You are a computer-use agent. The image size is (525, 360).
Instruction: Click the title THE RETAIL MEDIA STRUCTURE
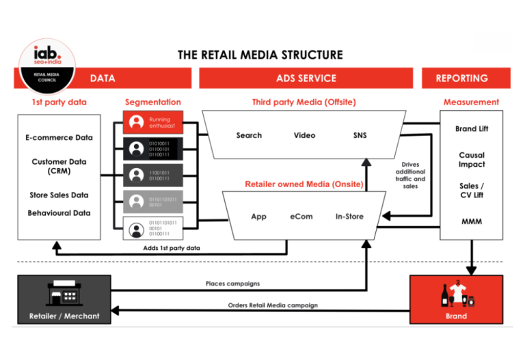(x=260, y=55)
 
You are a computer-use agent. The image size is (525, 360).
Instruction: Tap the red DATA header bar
(x=103, y=79)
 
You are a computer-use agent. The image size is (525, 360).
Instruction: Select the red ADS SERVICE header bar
(x=306, y=79)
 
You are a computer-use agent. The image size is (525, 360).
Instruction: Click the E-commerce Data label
(x=58, y=137)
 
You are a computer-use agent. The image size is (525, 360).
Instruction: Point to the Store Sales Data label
(x=58, y=195)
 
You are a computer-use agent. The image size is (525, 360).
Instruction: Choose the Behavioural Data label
(x=58, y=213)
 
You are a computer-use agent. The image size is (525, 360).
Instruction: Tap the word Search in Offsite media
(x=249, y=135)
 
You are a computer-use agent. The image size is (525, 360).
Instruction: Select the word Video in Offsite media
(x=304, y=135)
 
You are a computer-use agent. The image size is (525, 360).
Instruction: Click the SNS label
(x=360, y=135)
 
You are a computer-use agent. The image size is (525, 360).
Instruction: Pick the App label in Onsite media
(x=258, y=217)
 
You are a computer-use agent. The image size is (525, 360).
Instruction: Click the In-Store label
(x=349, y=217)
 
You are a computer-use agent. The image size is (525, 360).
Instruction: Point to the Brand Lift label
(x=472, y=129)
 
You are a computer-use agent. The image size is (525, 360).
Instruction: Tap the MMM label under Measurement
(x=472, y=222)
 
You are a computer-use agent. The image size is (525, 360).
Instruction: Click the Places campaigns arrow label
(x=232, y=283)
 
